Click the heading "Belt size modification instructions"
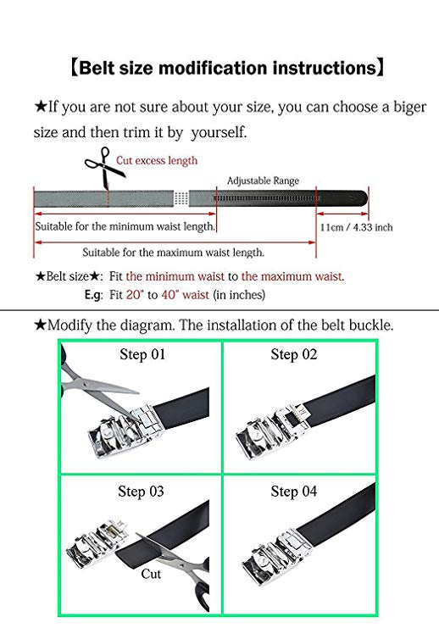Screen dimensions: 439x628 coord(227,68)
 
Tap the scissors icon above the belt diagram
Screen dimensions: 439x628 coord(103,166)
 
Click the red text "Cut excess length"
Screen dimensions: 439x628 coord(157,161)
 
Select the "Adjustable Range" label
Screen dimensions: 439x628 coord(264,181)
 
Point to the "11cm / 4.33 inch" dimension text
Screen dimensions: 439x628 coord(356,227)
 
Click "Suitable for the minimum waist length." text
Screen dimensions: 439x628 coord(125,226)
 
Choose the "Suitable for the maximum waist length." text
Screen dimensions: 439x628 coord(174,253)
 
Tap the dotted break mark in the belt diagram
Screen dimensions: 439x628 coord(181,198)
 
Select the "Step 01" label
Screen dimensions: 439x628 coord(142,354)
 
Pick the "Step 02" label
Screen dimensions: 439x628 coord(293,354)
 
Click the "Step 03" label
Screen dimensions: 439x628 coord(141,492)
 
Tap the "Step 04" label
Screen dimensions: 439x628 coord(293,492)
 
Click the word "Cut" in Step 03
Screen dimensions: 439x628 coord(151,574)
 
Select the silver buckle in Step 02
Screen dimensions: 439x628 coord(272,431)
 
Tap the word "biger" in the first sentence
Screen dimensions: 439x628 coord(409,108)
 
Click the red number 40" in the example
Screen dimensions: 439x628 coord(169,295)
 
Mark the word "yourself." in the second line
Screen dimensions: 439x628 coord(219,132)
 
